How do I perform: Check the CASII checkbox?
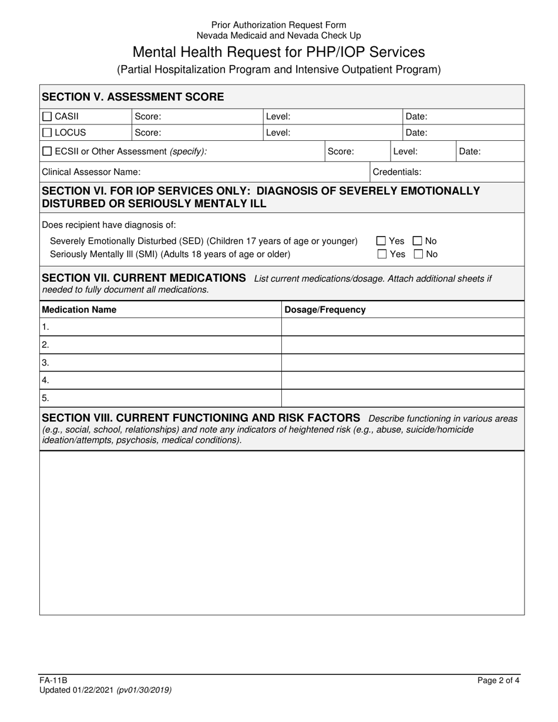pos(48,116)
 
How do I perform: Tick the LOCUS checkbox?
pos(48,133)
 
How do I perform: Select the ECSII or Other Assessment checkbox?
pos(48,151)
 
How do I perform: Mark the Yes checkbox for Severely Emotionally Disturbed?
pos(382,241)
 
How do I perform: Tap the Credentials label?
pos(397,172)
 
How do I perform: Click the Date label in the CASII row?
pos(416,117)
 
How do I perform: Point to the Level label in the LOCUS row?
pos(278,133)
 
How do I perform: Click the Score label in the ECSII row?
pos(341,151)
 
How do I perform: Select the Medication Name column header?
pos(79,309)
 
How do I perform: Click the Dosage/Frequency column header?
pos(325,309)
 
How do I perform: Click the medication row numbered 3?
pos(160,363)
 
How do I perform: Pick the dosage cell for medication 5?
pos(402,398)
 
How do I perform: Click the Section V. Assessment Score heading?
pos(133,97)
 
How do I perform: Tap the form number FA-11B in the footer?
pos(53,681)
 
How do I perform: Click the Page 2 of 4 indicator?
pos(498,681)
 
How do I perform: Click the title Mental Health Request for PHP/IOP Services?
pos(278,52)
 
